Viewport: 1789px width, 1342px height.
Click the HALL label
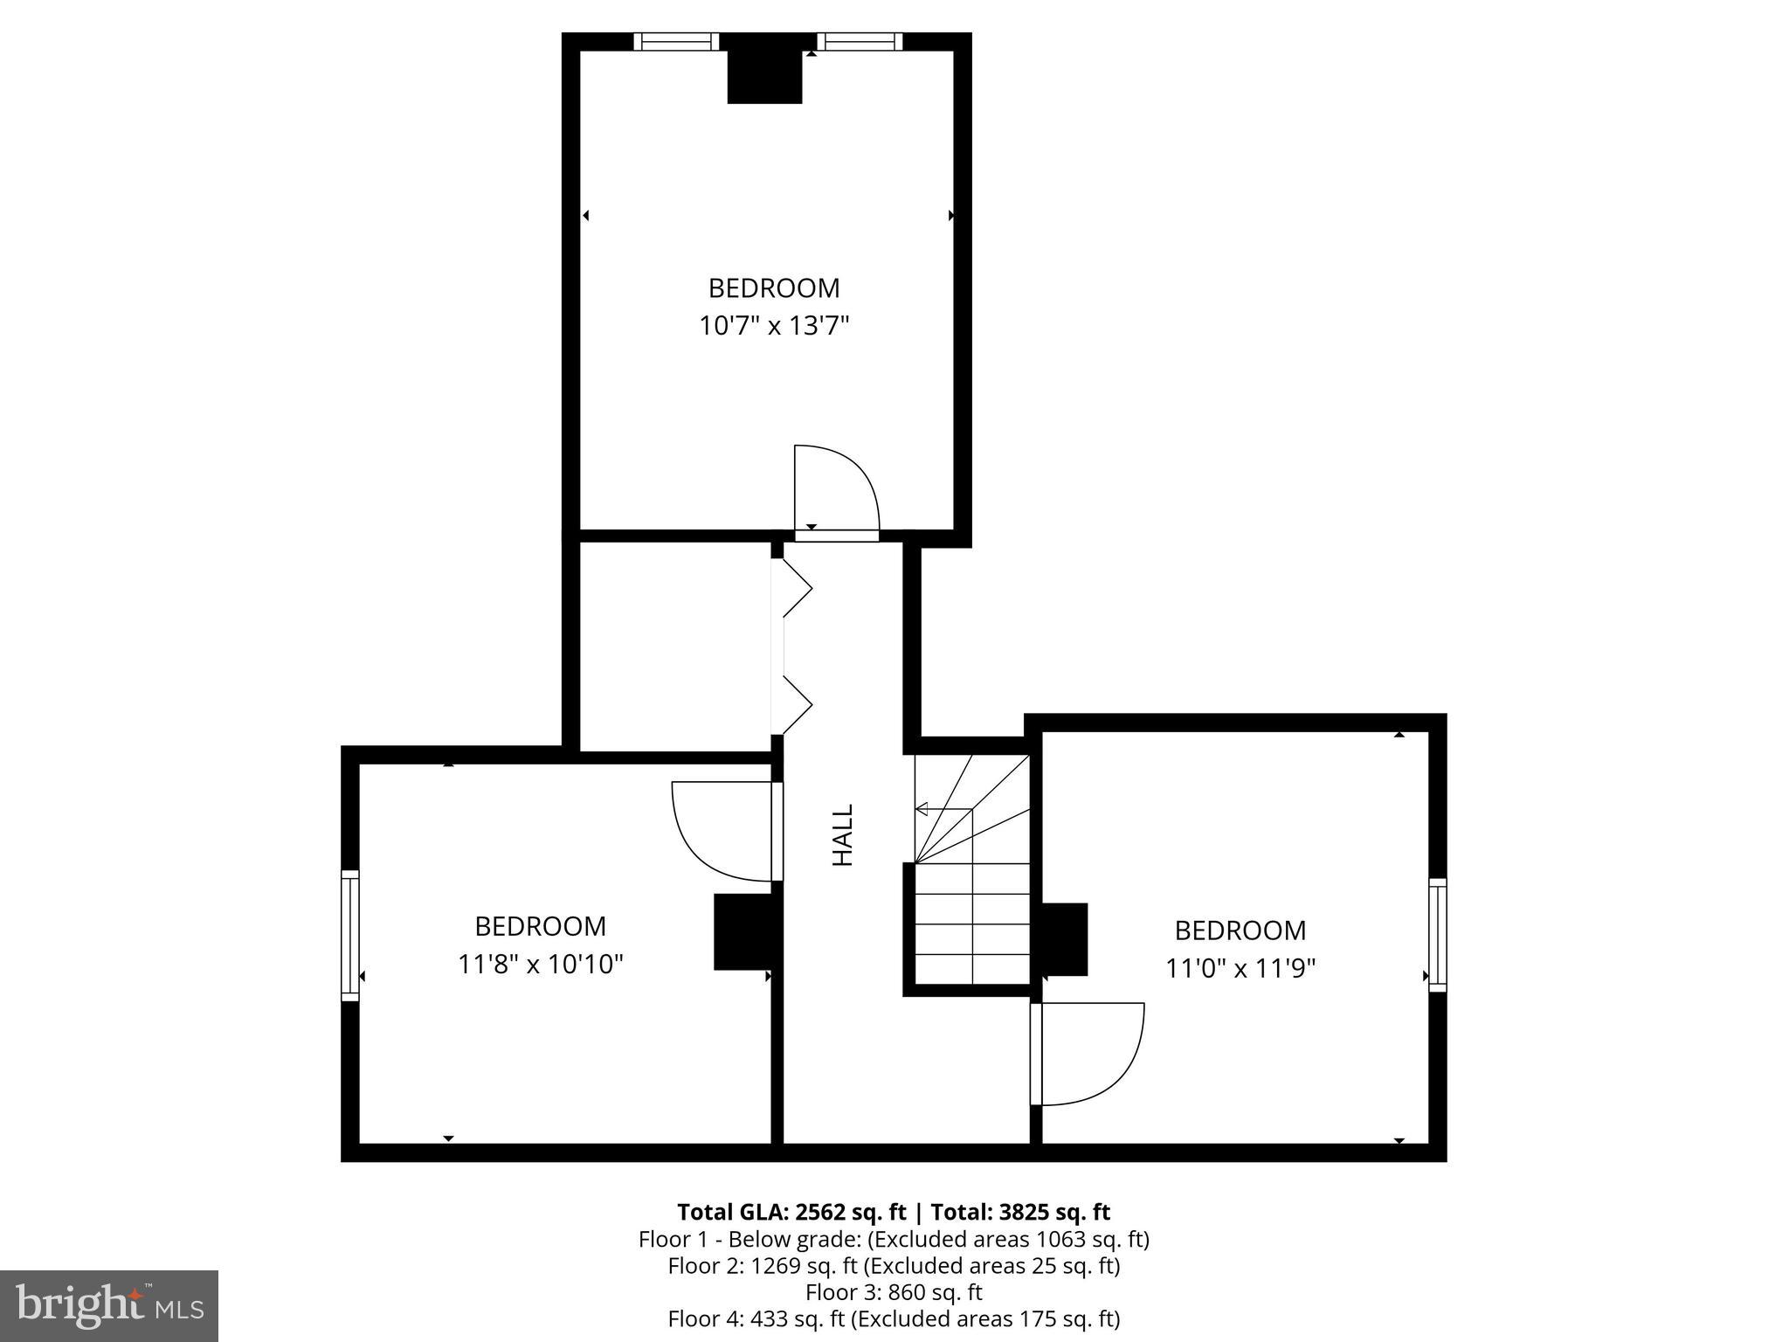click(x=842, y=835)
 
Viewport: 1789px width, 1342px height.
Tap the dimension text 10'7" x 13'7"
click(x=774, y=326)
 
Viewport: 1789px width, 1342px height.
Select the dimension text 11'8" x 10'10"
click(x=541, y=964)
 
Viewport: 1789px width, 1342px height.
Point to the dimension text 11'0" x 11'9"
click(x=1240, y=968)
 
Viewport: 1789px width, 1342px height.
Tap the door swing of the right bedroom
click(x=1088, y=1052)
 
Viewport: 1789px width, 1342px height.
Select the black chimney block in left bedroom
click(x=743, y=931)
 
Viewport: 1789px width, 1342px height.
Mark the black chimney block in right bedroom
click(x=1064, y=939)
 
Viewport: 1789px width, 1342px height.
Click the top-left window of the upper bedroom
click(x=676, y=41)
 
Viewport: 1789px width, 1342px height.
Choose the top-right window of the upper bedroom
click(x=860, y=41)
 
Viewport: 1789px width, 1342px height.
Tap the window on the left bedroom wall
click(x=349, y=935)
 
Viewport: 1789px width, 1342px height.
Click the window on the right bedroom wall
click(x=1437, y=935)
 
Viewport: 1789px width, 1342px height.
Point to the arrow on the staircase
click(x=922, y=809)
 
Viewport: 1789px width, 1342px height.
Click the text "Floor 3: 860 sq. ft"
click(x=894, y=1291)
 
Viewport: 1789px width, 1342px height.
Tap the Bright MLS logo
click(x=109, y=1306)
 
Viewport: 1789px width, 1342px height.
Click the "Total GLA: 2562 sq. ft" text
click(x=791, y=1212)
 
